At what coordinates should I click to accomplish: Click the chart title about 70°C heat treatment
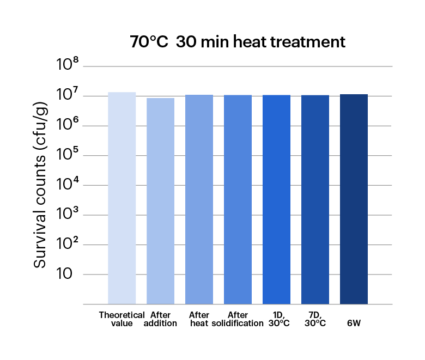(238, 42)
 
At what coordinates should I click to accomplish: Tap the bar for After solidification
(238, 199)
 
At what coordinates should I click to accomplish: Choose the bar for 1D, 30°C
(276, 199)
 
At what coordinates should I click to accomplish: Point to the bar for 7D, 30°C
(315, 199)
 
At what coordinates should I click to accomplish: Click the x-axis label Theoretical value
(122, 319)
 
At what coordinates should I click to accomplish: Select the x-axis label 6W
(354, 323)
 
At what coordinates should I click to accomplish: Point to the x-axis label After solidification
(238, 319)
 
